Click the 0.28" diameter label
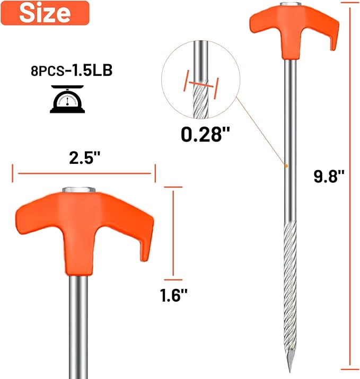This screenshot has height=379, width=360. click(x=201, y=134)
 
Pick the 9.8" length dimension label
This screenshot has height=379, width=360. click(x=329, y=177)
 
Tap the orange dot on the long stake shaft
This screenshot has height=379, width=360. click(x=285, y=166)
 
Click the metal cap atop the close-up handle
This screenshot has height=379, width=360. click(x=79, y=189)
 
